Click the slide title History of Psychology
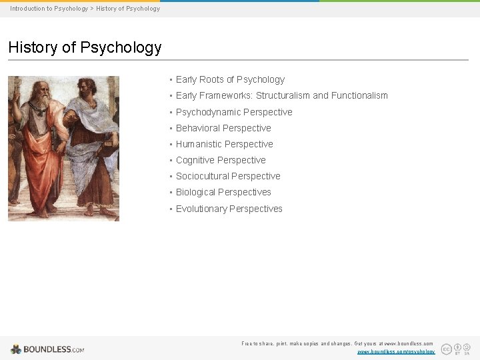(x=85, y=47)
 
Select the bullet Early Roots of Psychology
(x=230, y=79)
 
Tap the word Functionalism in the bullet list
(x=359, y=95)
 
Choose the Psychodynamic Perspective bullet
(x=234, y=112)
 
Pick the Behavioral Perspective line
(x=223, y=128)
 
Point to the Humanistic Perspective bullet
(x=224, y=144)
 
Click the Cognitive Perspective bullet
(x=221, y=160)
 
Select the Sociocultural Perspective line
(x=228, y=176)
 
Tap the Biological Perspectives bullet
(x=223, y=192)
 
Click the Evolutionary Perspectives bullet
(x=229, y=209)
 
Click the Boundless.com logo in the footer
(x=47, y=349)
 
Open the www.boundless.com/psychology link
(x=396, y=351)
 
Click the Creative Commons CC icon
(x=447, y=349)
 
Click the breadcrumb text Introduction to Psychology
(x=49, y=9)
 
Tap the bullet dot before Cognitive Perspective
(x=171, y=160)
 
